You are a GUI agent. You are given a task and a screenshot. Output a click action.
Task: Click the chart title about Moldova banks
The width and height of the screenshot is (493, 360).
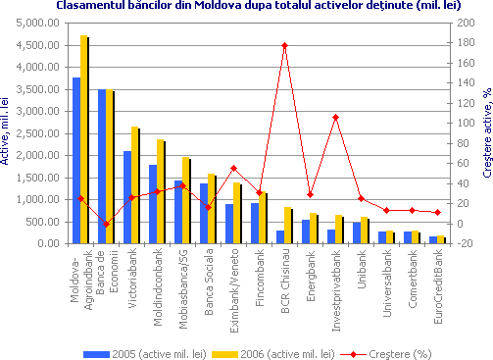click(x=246, y=6)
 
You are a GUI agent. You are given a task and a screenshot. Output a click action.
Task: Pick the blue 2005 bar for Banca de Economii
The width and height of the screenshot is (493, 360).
click(x=101, y=166)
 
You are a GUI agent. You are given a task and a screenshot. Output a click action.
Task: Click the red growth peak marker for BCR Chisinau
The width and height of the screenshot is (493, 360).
click(x=284, y=45)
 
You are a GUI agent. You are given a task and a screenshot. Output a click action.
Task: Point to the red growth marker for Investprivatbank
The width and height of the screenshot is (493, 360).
click(x=335, y=117)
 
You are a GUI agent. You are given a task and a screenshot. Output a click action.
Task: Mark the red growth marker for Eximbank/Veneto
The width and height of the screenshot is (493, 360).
click(x=233, y=168)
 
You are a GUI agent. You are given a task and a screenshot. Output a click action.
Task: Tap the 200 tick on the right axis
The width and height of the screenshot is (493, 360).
click(x=458, y=23)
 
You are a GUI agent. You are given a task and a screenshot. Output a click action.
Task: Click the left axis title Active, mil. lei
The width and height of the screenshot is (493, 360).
click(x=7, y=128)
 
